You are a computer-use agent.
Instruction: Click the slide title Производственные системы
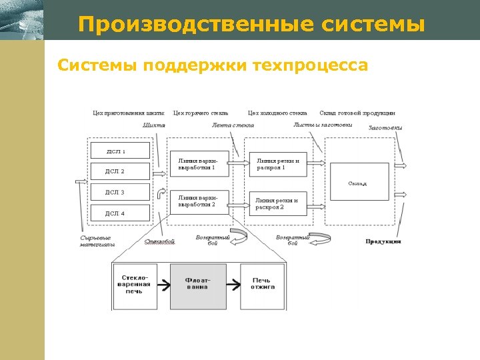251,25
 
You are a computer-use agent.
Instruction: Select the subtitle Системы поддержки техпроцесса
212,65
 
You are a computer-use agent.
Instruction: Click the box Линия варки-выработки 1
199,164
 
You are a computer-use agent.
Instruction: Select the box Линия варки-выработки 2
199,201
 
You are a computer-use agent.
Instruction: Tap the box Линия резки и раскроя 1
278,164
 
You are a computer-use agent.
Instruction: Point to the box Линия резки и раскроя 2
278,203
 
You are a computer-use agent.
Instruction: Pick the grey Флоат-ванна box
198,286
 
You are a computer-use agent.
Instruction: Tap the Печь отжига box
261,286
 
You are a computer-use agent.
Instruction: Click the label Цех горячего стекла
201,113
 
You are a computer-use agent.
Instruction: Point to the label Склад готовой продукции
357,113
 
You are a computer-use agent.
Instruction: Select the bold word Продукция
383,241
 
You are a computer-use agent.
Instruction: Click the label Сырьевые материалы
96,241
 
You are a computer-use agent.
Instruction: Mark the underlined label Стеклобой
160,241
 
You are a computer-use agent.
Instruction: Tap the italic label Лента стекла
233,125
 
